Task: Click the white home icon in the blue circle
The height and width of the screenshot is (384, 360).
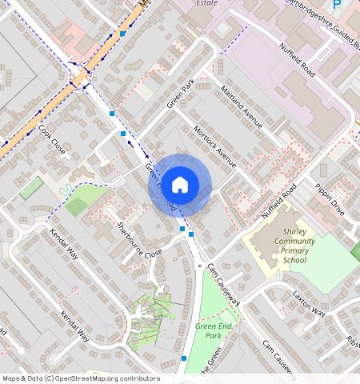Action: click(180, 184)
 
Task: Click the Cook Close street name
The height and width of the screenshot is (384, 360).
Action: click(52, 141)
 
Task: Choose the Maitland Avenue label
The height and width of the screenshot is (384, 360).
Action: click(241, 107)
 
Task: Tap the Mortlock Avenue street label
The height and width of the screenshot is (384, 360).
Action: click(214, 146)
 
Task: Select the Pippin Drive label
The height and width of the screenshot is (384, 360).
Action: click(330, 200)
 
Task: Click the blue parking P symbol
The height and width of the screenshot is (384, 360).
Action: click(336, 5)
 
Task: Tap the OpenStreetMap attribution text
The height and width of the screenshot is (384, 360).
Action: click(80, 378)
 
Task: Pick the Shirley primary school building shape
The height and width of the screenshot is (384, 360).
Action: click(272, 240)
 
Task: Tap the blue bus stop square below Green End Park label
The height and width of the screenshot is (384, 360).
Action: click(184, 358)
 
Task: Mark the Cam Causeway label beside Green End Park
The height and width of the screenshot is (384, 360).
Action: click(223, 283)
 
